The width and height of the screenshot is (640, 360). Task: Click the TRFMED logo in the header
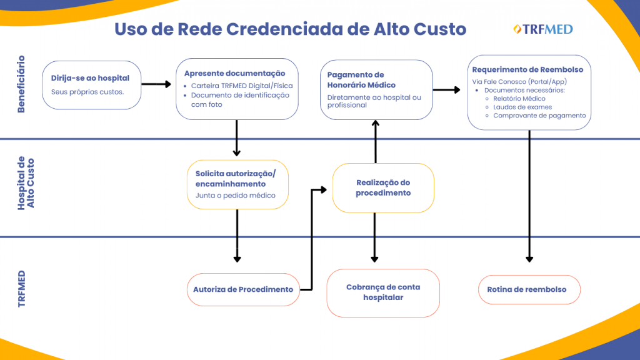(x=542, y=29)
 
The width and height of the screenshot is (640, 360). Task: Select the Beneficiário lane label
(x=21, y=84)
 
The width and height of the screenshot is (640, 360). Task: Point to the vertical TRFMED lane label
(x=21, y=288)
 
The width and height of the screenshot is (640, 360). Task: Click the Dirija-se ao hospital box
(x=92, y=85)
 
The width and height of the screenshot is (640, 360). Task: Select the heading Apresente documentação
(x=234, y=73)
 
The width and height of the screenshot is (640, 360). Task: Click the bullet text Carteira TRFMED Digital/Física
(x=242, y=86)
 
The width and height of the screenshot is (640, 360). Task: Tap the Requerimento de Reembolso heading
(x=527, y=69)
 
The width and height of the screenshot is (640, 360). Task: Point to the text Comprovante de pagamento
(x=539, y=115)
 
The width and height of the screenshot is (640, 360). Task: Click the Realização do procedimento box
(x=383, y=187)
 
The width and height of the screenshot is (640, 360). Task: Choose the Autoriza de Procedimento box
(x=243, y=289)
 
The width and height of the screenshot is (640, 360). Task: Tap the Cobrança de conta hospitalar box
(x=383, y=292)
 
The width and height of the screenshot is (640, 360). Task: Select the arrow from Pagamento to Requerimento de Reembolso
(x=446, y=90)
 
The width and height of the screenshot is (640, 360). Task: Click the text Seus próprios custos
(x=87, y=92)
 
